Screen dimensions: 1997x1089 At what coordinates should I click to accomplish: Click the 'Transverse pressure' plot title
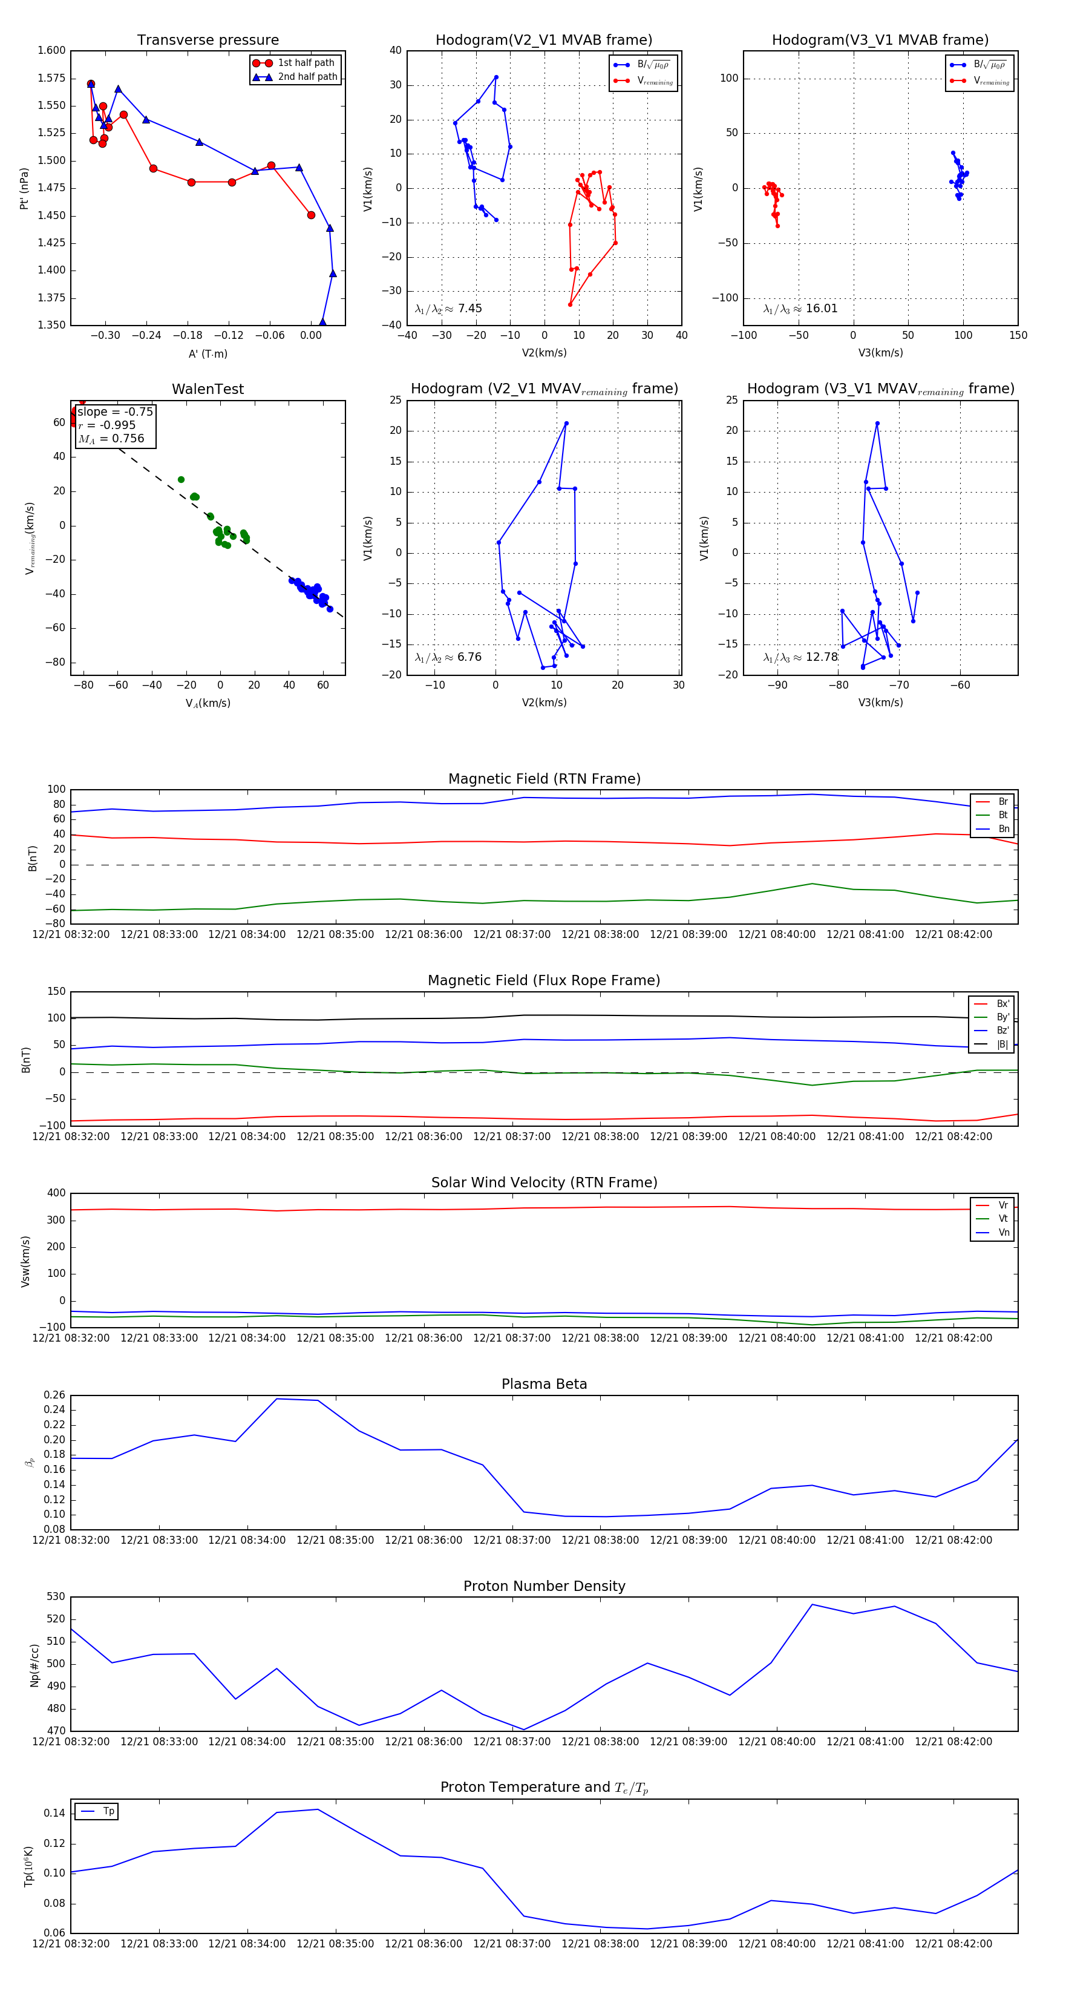(x=208, y=41)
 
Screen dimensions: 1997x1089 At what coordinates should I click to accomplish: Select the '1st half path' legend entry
(x=306, y=63)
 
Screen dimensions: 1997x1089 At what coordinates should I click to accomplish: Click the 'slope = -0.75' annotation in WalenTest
(x=115, y=412)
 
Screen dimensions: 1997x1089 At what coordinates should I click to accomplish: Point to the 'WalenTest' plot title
(x=208, y=389)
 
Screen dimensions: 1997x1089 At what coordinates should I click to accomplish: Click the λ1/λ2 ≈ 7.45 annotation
(x=448, y=309)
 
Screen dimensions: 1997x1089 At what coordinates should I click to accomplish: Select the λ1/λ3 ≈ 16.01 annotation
(x=800, y=309)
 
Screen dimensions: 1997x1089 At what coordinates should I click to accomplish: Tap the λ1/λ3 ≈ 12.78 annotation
(x=800, y=657)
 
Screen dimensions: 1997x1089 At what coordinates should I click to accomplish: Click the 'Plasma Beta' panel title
(x=544, y=1384)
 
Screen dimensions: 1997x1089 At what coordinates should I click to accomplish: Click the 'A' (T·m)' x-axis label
(x=208, y=353)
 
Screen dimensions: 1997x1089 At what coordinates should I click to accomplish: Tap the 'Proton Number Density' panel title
(x=544, y=1586)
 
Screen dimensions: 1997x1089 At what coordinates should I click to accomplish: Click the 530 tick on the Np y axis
(x=56, y=1597)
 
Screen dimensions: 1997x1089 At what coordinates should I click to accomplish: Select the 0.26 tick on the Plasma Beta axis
(x=54, y=1395)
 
